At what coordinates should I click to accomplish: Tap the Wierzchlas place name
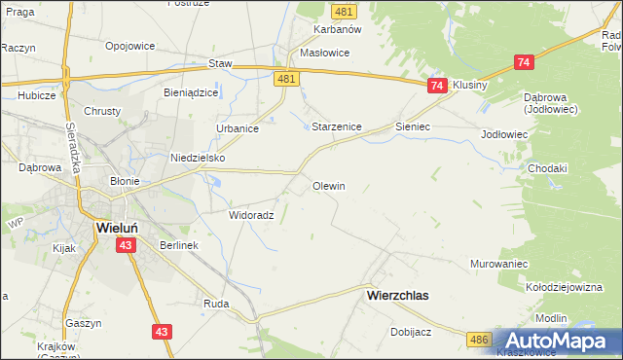point(397,293)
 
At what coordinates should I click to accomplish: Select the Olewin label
point(328,185)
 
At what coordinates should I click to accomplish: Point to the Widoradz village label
point(251,215)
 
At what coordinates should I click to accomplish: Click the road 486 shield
point(477,338)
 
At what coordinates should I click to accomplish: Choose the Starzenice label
point(337,126)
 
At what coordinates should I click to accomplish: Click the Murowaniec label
point(498,264)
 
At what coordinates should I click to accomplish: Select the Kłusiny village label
point(469,85)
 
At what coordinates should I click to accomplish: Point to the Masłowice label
point(324,54)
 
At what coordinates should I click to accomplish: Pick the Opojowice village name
point(131,46)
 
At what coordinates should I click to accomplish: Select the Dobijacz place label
point(411,331)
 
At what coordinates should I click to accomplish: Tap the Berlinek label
point(179,245)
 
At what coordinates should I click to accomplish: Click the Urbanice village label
point(237,128)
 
